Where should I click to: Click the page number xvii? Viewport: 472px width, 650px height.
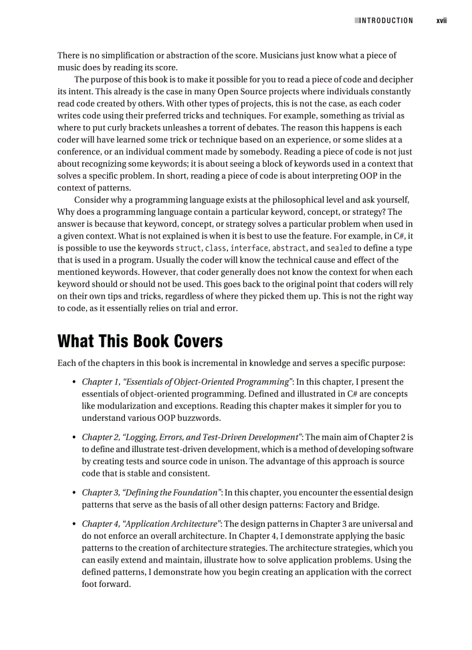click(x=441, y=21)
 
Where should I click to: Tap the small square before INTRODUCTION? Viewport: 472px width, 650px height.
click(x=356, y=21)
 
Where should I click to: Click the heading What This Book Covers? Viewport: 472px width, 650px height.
click(x=140, y=341)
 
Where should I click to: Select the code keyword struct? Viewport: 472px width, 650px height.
click(x=189, y=248)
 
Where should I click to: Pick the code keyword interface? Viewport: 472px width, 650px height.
click(x=249, y=248)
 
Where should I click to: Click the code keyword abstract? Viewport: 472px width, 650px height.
click(x=289, y=248)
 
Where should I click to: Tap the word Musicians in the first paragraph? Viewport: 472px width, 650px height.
click(x=279, y=56)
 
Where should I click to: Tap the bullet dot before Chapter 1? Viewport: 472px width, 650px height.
click(x=74, y=382)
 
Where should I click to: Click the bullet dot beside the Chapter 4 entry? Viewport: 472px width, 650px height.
click(x=74, y=524)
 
